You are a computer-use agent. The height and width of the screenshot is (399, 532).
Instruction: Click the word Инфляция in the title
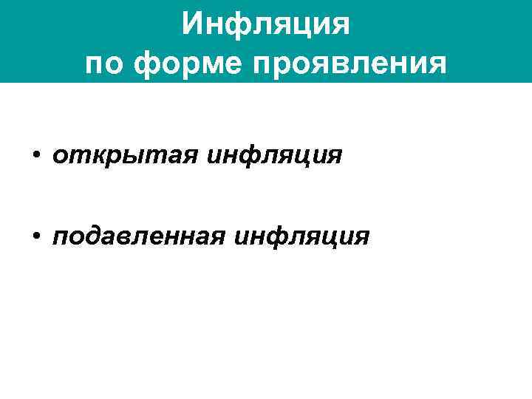(265, 26)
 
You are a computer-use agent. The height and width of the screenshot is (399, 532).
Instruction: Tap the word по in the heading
(105, 64)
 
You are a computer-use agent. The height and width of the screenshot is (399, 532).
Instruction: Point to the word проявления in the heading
(349, 64)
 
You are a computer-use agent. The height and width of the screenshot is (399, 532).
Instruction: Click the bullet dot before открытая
(35, 157)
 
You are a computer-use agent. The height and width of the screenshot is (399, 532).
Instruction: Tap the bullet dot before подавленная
(35, 236)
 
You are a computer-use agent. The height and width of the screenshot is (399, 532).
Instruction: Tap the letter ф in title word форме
(150, 65)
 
